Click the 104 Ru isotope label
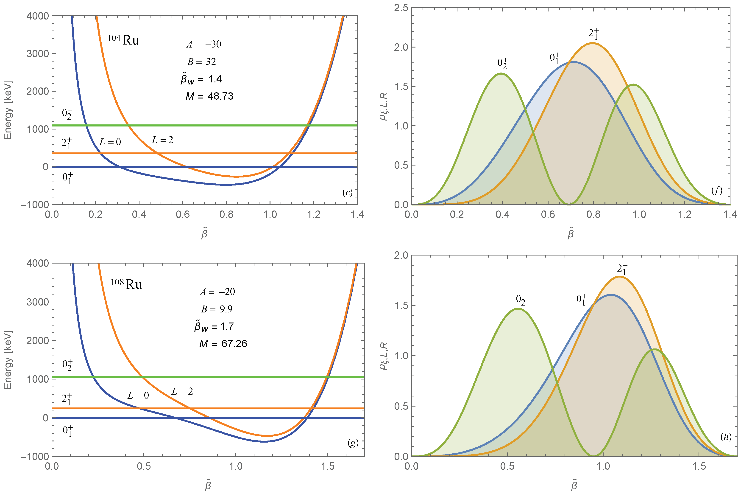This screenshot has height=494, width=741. pyautogui.click(x=123, y=40)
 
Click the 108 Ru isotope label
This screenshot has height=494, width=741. pyautogui.click(x=127, y=284)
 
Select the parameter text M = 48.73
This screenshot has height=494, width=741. pyautogui.click(x=209, y=96)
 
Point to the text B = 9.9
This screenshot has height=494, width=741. pyautogui.click(x=217, y=309)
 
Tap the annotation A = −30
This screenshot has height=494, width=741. pyautogui.click(x=204, y=45)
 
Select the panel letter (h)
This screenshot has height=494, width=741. pyautogui.click(x=726, y=437)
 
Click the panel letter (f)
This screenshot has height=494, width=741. pyautogui.click(x=717, y=190)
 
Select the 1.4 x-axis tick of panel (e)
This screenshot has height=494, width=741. pyautogui.click(x=357, y=215)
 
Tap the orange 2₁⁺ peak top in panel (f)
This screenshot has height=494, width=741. pyautogui.click(x=593, y=43)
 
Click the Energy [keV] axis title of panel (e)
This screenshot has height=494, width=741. pyautogui.click(x=8, y=110)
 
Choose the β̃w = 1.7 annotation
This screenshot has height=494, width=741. pyautogui.click(x=214, y=327)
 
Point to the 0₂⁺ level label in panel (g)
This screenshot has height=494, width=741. pyautogui.click(x=67, y=365)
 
